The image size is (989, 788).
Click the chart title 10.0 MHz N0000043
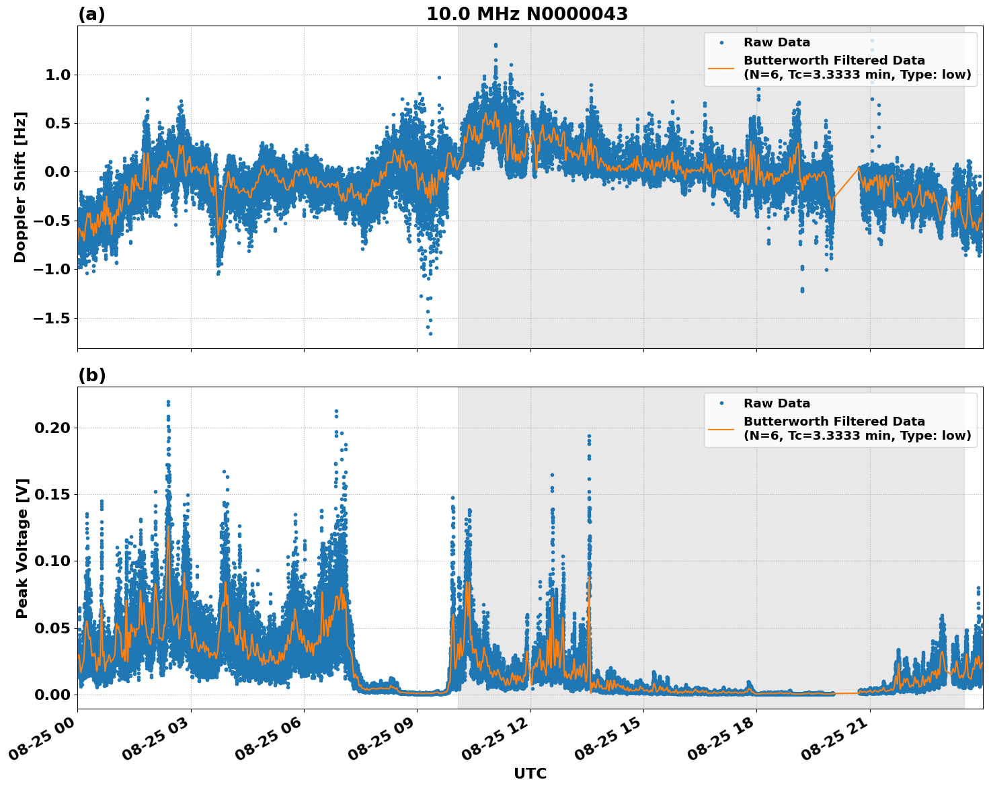526,14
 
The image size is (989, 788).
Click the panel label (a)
91,14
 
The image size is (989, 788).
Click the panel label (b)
91,375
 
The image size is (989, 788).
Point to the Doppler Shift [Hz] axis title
20,187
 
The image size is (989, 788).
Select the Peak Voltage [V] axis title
22,548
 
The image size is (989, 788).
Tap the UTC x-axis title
530,774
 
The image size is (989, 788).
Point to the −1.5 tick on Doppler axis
52,318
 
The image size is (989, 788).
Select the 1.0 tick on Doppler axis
58,75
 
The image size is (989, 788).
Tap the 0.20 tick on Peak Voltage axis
54,428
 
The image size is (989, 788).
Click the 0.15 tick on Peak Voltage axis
54,494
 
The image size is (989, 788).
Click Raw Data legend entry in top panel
777,42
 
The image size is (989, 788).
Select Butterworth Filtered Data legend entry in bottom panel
857,428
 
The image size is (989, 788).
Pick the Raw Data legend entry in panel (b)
777,403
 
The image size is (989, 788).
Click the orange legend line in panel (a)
721,67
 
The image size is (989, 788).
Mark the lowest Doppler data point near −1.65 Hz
430,333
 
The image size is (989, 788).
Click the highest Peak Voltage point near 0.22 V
168,402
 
